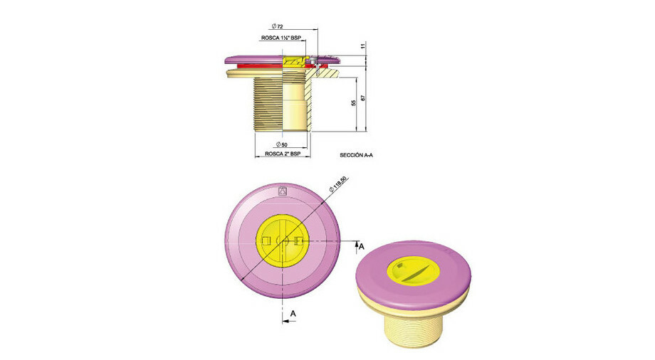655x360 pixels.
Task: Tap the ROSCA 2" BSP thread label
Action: pyautogui.click(x=283, y=154)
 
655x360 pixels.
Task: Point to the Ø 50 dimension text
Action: pyautogui.click(x=282, y=144)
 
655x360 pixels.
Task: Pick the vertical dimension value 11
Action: pyautogui.click(x=363, y=46)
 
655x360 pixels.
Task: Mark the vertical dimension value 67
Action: pyautogui.click(x=363, y=97)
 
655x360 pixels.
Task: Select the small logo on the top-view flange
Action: pyautogui.click(x=281, y=191)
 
